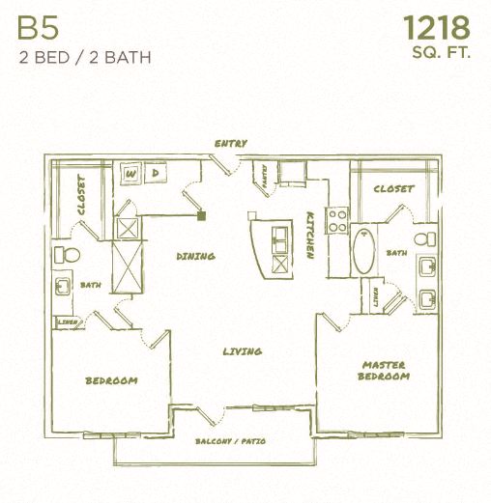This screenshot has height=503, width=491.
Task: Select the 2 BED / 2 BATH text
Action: click(84, 56)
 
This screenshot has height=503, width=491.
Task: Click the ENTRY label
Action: click(231, 144)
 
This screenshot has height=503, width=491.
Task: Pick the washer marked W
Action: click(132, 174)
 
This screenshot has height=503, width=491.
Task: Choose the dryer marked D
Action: click(155, 174)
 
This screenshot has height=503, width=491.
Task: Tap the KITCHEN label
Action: click(310, 236)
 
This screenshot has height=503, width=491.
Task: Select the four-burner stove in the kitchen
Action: click(336, 221)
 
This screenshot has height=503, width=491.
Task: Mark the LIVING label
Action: click(242, 351)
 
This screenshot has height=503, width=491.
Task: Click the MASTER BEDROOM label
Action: click(384, 370)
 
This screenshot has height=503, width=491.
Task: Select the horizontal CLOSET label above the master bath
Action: click(393, 189)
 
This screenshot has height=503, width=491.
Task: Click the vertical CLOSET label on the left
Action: click(82, 194)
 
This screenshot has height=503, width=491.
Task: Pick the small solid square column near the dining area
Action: click(201, 215)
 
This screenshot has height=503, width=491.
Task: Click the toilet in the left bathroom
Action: click(66, 255)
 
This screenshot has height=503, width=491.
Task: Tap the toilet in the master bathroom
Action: click(421, 239)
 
